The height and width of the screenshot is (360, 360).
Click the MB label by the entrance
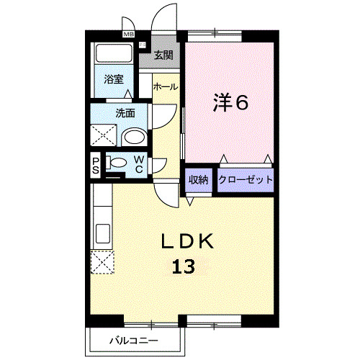click(x=129, y=34)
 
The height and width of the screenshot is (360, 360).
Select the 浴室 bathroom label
click(x=112, y=79)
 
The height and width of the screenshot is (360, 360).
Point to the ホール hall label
click(x=165, y=86)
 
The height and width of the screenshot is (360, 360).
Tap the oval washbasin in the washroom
click(x=133, y=138)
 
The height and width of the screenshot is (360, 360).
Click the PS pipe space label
click(x=96, y=166)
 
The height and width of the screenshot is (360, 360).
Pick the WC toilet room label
click(x=138, y=165)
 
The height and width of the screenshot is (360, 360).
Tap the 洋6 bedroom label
click(x=230, y=103)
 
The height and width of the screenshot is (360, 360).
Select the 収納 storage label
click(x=199, y=180)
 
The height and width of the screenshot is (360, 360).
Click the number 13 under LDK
click(x=183, y=268)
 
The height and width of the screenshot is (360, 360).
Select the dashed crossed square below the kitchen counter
click(x=102, y=263)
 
